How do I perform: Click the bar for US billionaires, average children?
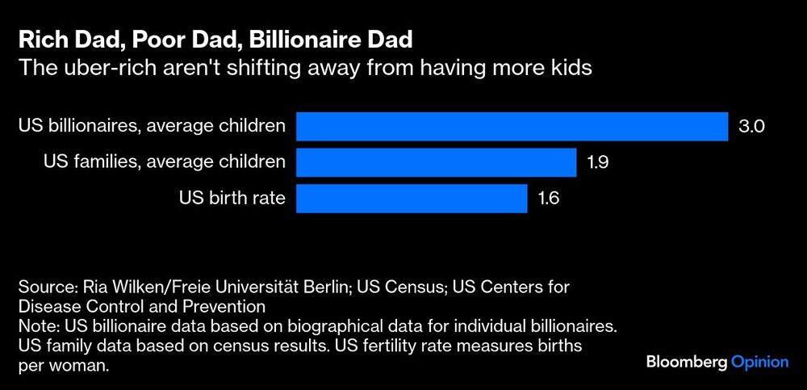click(x=512, y=127)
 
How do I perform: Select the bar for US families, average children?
click(x=436, y=162)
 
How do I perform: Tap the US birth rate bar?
click(x=412, y=198)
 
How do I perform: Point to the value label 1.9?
click(x=597, y=162)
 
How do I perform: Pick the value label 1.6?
click(x=549, y=198)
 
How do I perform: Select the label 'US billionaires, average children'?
click(x=152, y=127)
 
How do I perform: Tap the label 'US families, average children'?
click(x=165, y=162)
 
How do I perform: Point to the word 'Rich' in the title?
click(x=39, y=39)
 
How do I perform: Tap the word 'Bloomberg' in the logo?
click(x=687, y=363)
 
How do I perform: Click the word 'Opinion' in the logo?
click(x=759, y=363)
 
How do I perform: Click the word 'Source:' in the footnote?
click(x=45, y=288)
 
